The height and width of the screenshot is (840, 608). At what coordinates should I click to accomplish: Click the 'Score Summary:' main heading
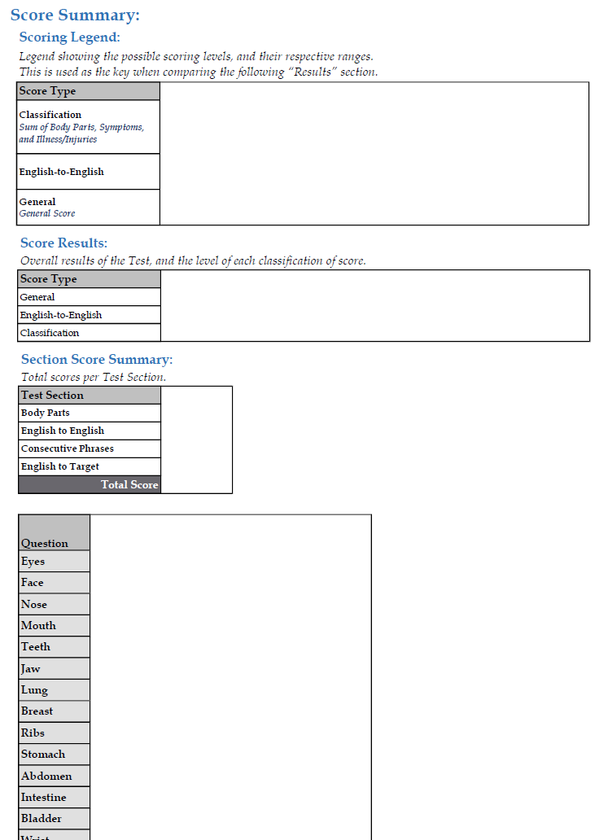75,15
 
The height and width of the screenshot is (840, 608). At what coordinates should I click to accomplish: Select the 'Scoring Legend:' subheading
69,37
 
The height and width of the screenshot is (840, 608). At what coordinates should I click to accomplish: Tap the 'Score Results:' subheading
63,243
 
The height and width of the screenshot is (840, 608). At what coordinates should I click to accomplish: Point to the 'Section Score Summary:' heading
97,360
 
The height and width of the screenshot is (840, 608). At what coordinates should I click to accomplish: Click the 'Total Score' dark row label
129,485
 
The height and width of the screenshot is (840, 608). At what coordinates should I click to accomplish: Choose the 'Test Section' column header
52,396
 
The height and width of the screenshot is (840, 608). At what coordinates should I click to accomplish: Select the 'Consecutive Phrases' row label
68,448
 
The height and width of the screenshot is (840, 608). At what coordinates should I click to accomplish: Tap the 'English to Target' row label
60,466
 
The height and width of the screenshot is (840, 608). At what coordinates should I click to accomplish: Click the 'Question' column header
45,543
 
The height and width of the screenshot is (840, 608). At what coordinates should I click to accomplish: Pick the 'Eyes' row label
33,562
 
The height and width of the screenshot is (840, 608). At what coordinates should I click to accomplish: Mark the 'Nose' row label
34,604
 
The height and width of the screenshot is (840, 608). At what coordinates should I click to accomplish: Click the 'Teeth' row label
36,647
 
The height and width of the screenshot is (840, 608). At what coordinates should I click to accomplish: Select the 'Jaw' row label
31,668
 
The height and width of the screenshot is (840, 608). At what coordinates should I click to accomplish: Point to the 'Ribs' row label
33,733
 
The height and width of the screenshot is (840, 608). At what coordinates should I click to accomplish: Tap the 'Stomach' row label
43,755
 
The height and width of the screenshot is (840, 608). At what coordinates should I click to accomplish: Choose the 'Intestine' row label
44,798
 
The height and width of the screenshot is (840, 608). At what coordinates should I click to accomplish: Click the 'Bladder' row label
42,819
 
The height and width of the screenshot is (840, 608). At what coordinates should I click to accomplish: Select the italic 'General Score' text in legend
47,213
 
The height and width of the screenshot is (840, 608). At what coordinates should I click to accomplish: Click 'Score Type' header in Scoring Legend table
47,91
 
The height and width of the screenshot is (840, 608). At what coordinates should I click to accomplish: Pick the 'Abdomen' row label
46,776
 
